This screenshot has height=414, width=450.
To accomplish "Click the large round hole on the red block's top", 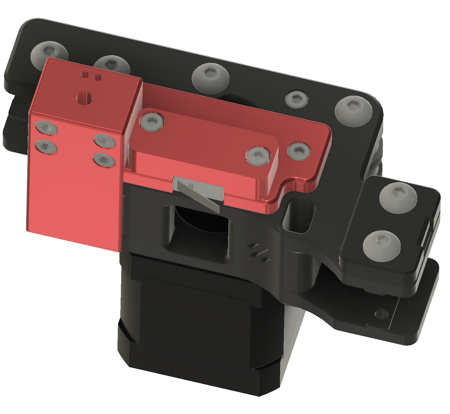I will tap(84, 98).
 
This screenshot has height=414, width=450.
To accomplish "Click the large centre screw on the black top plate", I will tap(210, 78).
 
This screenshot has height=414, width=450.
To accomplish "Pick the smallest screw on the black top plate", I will tap(296, 99).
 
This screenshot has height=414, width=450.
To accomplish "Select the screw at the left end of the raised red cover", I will tap(152, 122).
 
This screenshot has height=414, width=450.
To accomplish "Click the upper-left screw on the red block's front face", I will tap(46, 128).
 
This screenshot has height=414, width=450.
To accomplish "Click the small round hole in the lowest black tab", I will tap(381, 313).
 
